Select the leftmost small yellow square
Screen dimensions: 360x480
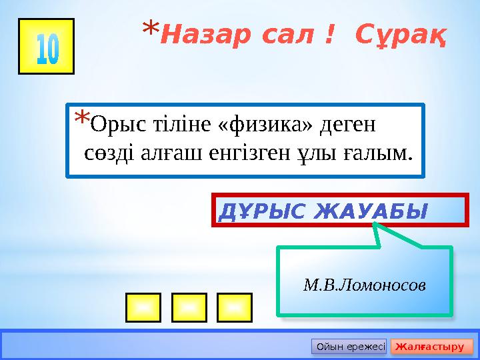click(141, 307)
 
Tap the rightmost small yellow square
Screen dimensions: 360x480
click(234, 307)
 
